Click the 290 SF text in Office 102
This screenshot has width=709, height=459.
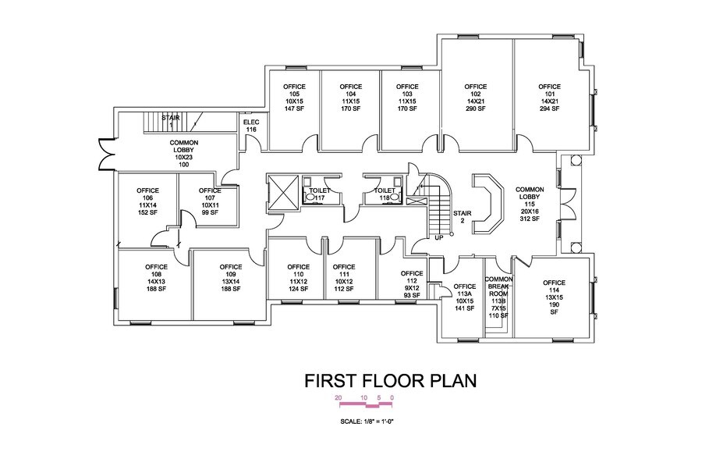coord(475,109)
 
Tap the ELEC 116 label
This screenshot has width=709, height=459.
coord(250,126)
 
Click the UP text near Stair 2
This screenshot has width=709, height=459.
coord(438,237)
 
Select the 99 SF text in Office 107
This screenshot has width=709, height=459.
coord(209,213)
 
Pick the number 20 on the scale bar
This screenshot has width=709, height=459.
coord(338,397)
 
